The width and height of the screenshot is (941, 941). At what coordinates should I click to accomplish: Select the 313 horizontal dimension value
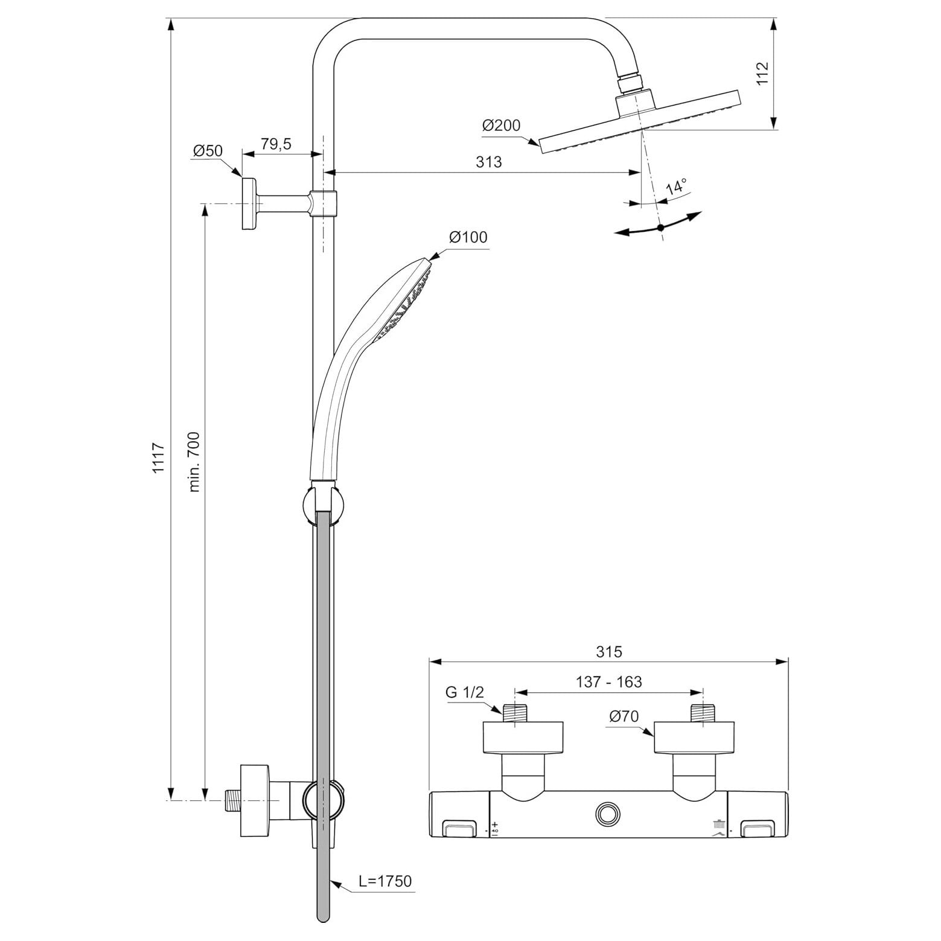pyautogui.click(x=489, y=162)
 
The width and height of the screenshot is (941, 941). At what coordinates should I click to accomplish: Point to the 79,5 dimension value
pyautogui.click(x=276, y=144)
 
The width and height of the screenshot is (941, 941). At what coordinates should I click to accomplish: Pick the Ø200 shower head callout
pyautogui.click(x=501, y=126)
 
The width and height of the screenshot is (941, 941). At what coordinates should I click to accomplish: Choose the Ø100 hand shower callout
pyautogui.click(x=468, y=237)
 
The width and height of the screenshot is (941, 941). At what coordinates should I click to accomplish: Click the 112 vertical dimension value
pyautogui.click(x=762, y=74)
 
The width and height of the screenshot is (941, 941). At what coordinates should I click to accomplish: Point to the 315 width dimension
pyautogui.click(x=608, y=651)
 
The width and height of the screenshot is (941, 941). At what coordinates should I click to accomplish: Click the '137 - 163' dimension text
pyautogui.click(x=608, y=681)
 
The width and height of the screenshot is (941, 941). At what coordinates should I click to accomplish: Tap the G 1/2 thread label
pyautogui.click(x=465, y=692)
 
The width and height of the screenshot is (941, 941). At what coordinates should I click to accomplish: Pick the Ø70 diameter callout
pyautogui.click(x=624, y=716)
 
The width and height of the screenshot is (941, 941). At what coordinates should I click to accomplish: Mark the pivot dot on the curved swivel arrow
pyautogui.click(x=660, y=228)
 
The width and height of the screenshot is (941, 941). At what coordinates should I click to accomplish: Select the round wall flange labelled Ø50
pyautogui.click(x=249, y=203)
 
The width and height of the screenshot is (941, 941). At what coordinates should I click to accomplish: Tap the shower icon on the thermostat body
pyautogui.click(x=719, y=823)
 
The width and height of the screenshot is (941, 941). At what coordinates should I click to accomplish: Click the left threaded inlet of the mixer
pyautogui.click(x=514, y=712)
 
